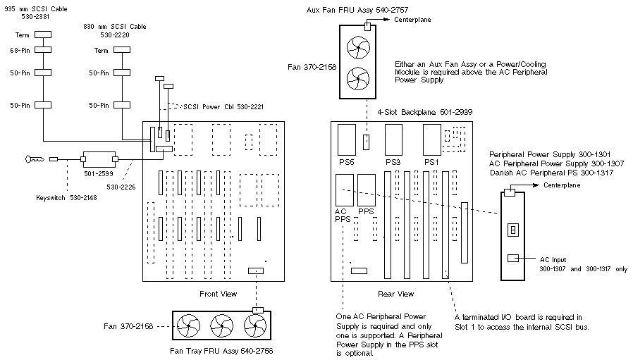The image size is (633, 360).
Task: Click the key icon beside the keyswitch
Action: click(32, 159)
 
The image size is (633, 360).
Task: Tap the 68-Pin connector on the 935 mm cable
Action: click(44, 49)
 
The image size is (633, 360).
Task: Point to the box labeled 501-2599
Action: click(97, 159)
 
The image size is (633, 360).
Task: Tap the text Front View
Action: click(219, 293)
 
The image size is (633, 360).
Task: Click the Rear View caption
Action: click(396, 293)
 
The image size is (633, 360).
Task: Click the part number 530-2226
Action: click(121, 187)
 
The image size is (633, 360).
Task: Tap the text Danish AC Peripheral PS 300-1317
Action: click(549, 173)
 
